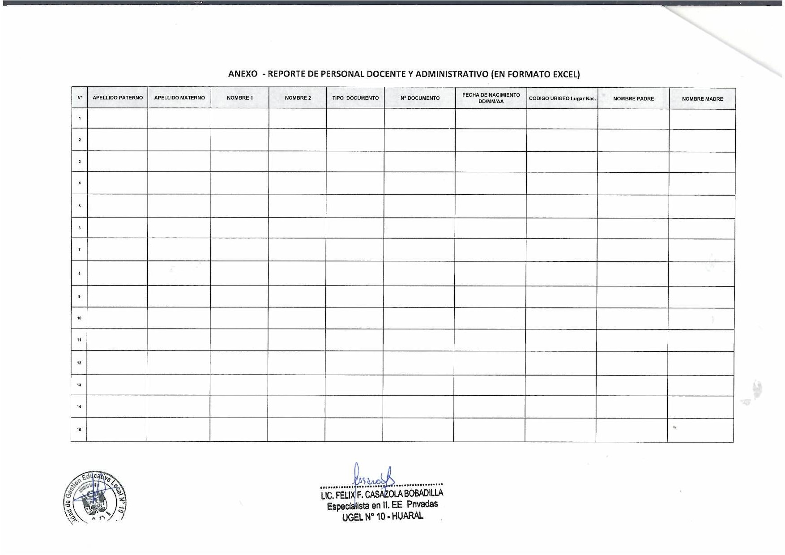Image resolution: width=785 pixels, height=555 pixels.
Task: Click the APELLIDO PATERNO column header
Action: tap(118, 98)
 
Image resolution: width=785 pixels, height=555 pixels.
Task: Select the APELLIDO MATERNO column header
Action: tap(179, 98)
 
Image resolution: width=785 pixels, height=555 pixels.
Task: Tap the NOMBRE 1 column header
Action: tap(240, 98)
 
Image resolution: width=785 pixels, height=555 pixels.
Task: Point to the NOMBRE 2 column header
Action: tap(298, 98)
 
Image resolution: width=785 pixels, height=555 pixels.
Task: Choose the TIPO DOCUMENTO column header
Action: tap(355, 98)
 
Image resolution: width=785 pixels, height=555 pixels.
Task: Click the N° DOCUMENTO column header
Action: tap(420, 98)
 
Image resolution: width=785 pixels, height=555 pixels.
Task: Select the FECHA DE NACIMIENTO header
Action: tap(491, 98)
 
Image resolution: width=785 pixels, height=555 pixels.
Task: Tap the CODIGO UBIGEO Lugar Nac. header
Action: tap(562, 98)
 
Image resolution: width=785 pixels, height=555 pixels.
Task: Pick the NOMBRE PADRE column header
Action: tap(633, 98)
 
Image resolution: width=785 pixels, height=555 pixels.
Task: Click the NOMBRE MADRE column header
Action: tap(702, 99)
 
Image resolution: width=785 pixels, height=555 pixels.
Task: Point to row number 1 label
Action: tap(80, 119)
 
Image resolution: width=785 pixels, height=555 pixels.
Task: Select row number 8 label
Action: tap(80, 273)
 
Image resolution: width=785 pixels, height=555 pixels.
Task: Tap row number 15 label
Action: tap(79, 430)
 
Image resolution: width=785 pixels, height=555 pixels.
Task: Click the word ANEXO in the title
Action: tap(243, 74)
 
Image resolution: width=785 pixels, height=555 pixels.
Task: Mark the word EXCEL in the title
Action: tap(565, 74)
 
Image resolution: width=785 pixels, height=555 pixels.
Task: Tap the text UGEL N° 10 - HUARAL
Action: tap(382, 516)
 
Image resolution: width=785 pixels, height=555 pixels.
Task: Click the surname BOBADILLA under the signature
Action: tap(423, 494)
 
